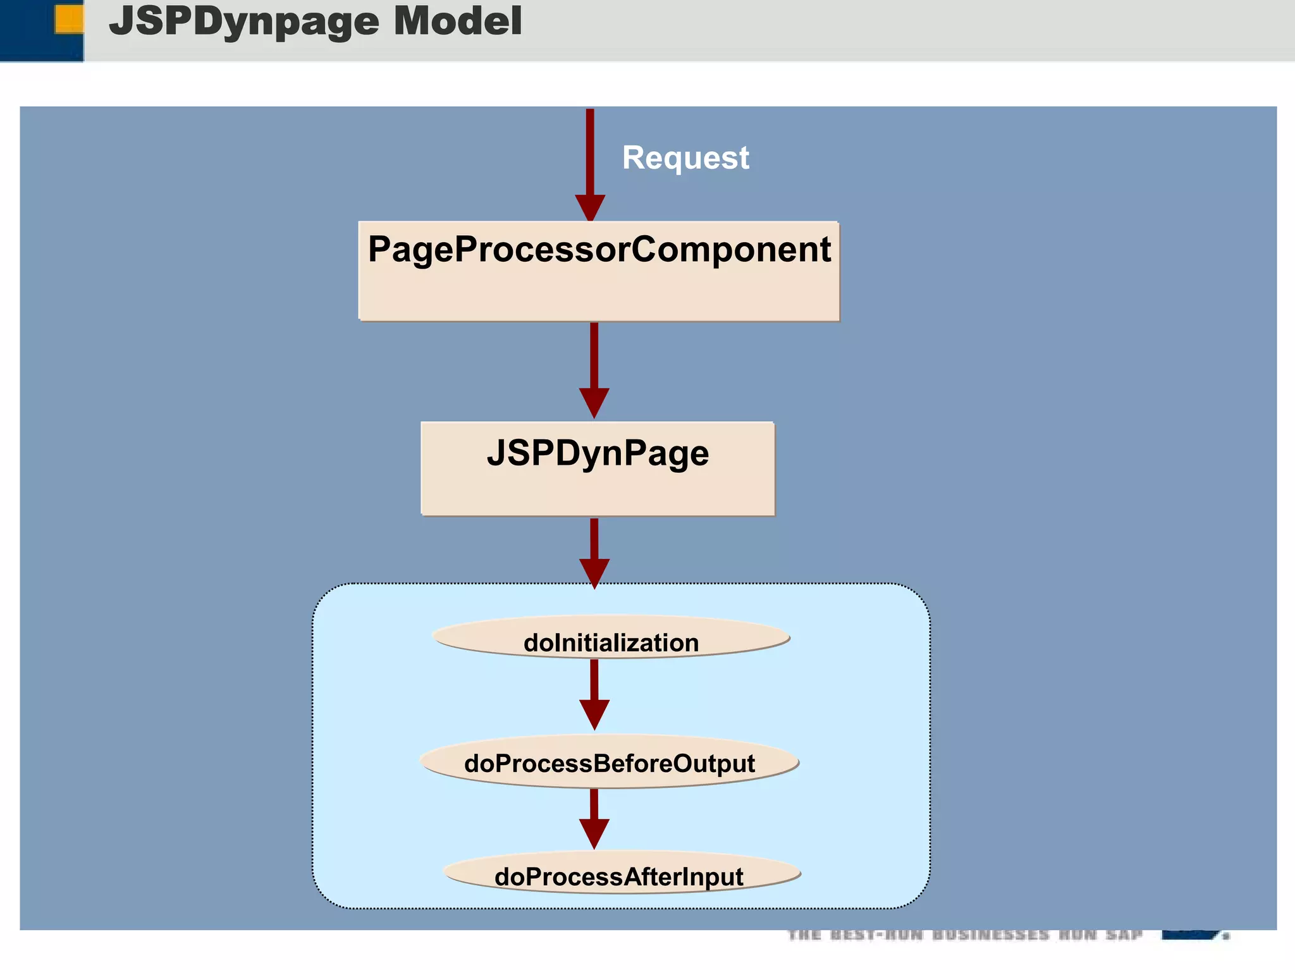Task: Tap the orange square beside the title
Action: tap(69, 18)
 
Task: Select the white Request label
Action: tap(685, 157)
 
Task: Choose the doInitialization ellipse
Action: tap(611, 637)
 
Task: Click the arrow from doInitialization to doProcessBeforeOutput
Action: tap(594, 689)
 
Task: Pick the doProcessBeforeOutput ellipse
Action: tap(610, 761)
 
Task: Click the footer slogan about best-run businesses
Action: tap(965, 935)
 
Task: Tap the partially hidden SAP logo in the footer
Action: tap(1195, 935)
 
